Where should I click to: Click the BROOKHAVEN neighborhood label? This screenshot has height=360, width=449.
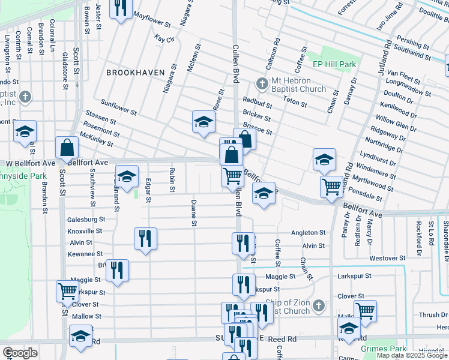point(135,72)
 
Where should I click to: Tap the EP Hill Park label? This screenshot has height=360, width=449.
point(334,64)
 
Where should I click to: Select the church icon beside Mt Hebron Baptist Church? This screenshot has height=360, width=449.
point(261,83)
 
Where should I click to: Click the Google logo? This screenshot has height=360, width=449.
point(20,353)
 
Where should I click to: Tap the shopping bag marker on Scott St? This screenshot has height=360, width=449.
point(67,148)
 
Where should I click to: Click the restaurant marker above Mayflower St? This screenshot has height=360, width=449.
point(121,7)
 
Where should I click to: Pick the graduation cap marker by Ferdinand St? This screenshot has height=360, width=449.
point(127,176)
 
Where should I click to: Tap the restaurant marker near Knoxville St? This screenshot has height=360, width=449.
point(145,239)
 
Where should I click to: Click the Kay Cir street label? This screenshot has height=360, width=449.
point(164,38)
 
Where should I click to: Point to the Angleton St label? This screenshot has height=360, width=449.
point(308,232)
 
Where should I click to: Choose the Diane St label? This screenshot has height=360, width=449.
point(194,214)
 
